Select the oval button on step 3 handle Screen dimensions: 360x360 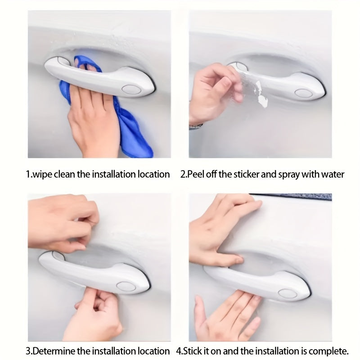[x=126, y=286]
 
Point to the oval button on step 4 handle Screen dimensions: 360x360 [x=287, y=293]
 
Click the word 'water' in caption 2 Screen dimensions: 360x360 [x=333, y=174]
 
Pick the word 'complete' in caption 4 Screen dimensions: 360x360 [x=331, y=351]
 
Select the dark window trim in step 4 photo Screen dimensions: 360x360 [x=292, y=197]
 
